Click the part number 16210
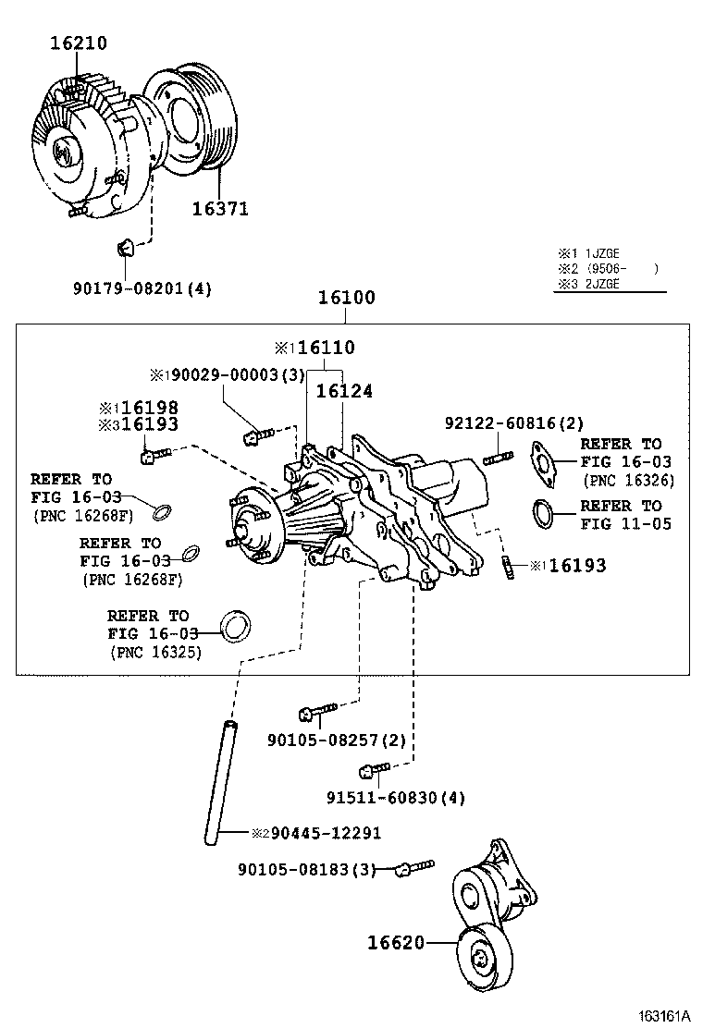point(78,43)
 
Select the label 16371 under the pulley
point(220,209)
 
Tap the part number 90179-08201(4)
point(142,288)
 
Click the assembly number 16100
point(346,298)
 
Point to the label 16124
point(344,392)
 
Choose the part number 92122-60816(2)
point(513,423)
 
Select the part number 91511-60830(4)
point(382,798)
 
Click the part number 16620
point(395,943)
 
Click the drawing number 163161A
point(664,1015)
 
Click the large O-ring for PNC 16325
point(236,626)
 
